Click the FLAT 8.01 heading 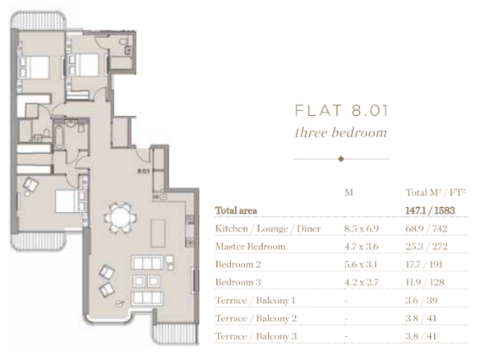pyautogui.click(x=341, y=110)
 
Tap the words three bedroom pyautogui.click(x=341, y=132)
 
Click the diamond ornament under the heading pyautogui.click(x=341, y=159)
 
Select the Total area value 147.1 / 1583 pyautogui.click(x=430, y=210)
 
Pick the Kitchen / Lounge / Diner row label pyautogui.click(x=268, y=228)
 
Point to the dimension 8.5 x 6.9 pyautogui.click(x=362, y=228)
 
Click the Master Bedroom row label pyautogui.click(x=250, y=247)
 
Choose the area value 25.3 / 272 pyautogui.click(x=427, y=247)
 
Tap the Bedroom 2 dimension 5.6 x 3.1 pyautogui.click(x=361, y=264)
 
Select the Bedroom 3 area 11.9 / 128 pyautogui.click(x=425, y=282)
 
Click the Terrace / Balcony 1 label pyautogui.click(x=256, y=300)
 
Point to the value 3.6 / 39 pyautogui.click(x=422, y=300)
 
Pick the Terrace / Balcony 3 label pyautogui.click(x=256, y=336)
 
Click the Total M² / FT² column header pyautogui.click(x=436, y=192)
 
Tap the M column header pyautogui.click(x=348, y=192)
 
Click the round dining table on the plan pyautogui.click(x=120, y=217)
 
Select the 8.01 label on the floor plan pyautogui.click(x=143, y=171)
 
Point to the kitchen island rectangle pyautogui.click(x=159, y=233)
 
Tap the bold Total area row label pyautogui.click(x=236, y=210)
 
